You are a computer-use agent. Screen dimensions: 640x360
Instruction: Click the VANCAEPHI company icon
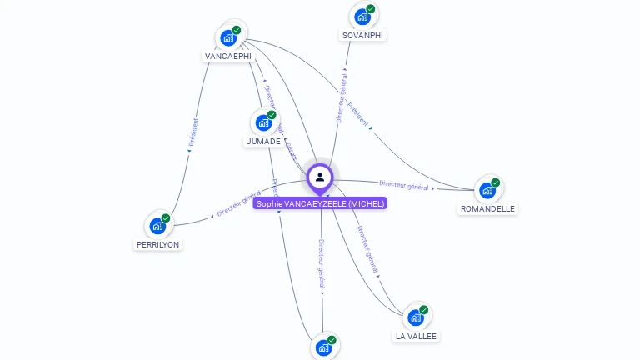(228, 37)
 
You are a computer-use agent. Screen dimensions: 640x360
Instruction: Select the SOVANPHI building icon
(362, 17)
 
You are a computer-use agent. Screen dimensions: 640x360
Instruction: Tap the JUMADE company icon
(263, 122)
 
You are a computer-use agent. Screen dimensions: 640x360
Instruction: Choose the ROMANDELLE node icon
(487, 190)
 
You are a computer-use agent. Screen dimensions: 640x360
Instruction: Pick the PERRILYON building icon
(157, 225)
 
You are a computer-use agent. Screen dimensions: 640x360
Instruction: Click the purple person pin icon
(320, 177)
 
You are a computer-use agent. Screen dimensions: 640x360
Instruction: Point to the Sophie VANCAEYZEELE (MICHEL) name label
(320, 203)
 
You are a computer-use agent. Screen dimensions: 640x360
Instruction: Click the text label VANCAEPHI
(227, 57)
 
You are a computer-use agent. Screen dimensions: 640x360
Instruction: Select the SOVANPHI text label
(362, 35)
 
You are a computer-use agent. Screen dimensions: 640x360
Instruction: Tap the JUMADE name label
(263, 142)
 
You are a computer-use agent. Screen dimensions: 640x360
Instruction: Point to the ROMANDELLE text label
(487, 209)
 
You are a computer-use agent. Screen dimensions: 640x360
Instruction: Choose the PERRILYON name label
(157, 244)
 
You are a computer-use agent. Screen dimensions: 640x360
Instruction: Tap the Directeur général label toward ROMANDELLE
(404, 185)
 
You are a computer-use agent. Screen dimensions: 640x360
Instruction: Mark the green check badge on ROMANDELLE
(496, 182)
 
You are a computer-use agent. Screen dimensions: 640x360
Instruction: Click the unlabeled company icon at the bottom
(323, 347)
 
